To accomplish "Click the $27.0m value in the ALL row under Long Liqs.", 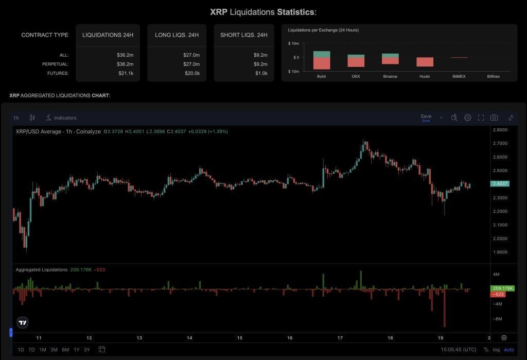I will click(191, 55).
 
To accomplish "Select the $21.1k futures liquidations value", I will click(125, 73).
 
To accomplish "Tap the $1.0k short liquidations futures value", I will click(260, 73).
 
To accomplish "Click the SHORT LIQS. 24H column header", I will click(243, 35).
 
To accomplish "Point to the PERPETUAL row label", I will click(55, 64).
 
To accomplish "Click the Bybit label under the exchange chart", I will click(322, 76).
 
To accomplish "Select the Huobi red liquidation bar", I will click(425, 62).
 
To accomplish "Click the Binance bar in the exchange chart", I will click(390, 59).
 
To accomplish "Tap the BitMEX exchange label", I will click(459, 76).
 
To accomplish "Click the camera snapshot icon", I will click(494, 118).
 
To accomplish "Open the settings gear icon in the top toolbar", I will click(467, 118).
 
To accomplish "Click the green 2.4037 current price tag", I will click(501, 184).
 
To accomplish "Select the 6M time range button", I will click(65, 350).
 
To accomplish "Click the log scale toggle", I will click(496, 350).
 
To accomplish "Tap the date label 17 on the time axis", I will click(340, 338).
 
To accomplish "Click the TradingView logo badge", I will click(23, 322).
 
